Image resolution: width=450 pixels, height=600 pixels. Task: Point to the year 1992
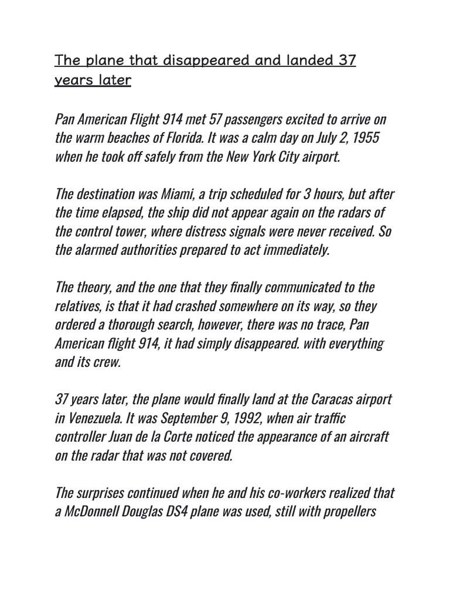click(249, 420)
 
